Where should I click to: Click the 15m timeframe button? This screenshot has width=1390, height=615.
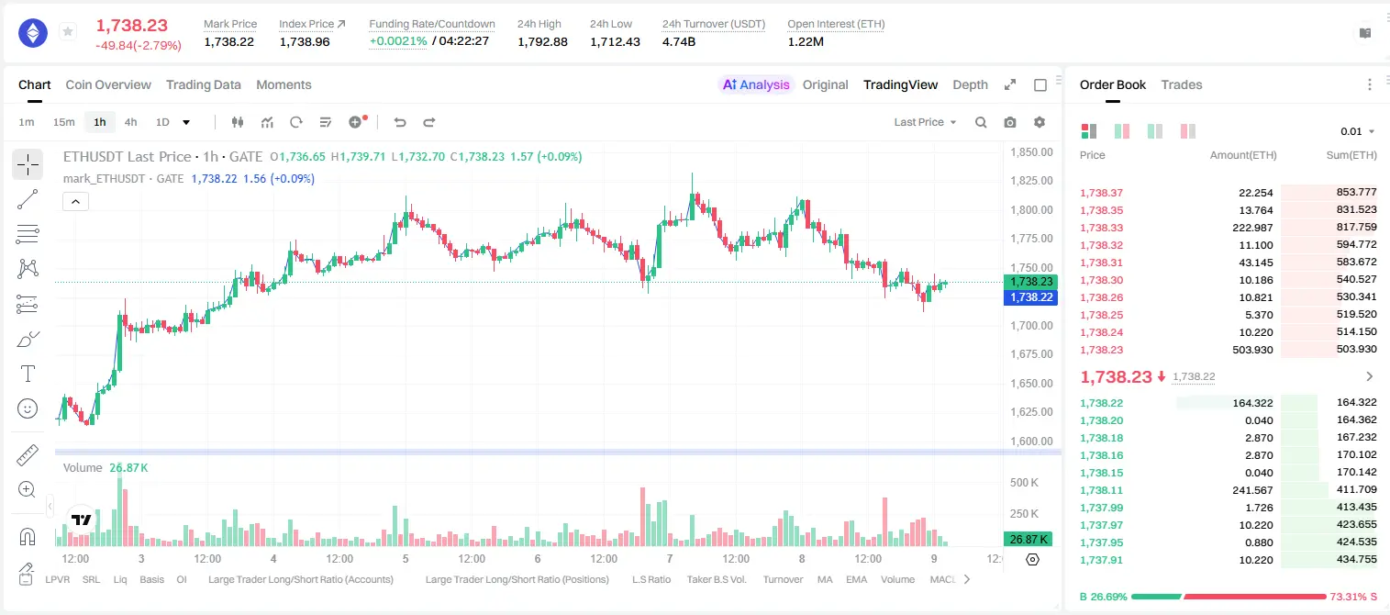64,122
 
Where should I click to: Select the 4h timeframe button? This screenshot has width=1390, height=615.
130,122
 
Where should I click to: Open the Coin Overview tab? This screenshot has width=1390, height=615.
108,85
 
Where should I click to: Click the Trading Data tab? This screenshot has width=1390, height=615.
204,85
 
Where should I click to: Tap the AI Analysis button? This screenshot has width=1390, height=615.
756,85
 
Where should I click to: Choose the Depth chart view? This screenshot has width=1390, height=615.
971,85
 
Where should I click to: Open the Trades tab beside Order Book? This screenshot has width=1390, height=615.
1182,85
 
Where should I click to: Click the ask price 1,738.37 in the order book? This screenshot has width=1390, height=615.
1102,193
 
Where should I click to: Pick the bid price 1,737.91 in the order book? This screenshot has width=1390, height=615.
1102,560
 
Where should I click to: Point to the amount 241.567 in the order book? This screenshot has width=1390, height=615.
1252,490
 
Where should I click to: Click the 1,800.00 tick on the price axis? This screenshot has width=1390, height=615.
1031,210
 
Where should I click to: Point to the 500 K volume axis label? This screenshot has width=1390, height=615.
1024,483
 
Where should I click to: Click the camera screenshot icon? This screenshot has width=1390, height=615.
1010,122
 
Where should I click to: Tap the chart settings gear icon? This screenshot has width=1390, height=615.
1040,122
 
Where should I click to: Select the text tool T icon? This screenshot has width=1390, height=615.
28,374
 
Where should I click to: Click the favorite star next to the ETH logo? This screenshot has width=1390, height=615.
68,31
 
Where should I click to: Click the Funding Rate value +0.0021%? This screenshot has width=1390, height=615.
398,41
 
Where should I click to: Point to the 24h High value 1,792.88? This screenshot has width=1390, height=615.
542,41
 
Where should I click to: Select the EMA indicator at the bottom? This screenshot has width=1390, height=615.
856,579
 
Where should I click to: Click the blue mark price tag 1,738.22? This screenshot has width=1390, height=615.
1030,297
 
